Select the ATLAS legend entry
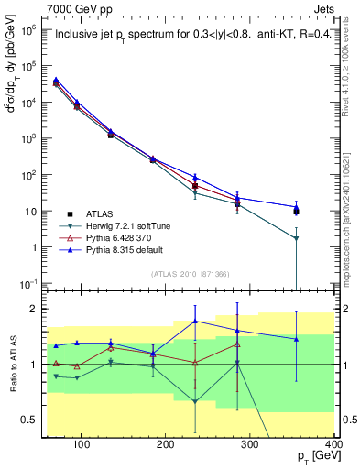[x=100, y=212]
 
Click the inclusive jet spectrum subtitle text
[x=190, y=36]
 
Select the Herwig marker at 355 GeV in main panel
[x=296, y=239]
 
